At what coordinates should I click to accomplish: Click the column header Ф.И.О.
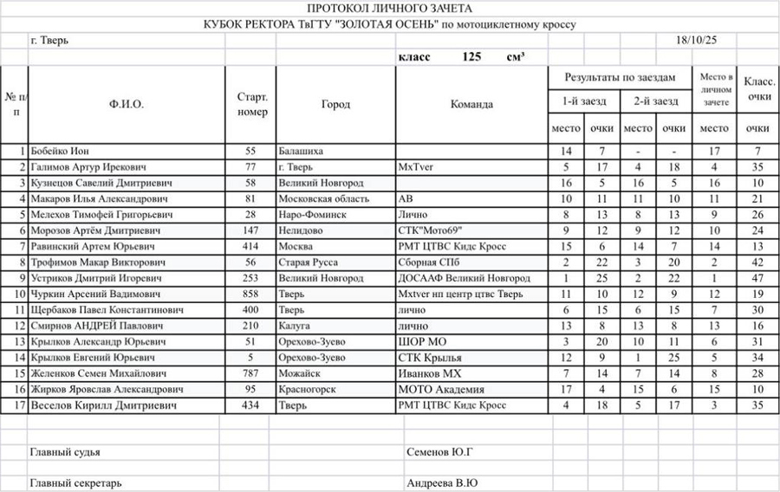pyautogui.click(x=127, y=104)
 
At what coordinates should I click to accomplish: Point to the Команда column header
pyautogui.click(x=471, y=104)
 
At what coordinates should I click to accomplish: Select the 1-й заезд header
pyautogui.click(x=584, y=101)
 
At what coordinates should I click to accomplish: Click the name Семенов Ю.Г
pyautogui.click(x=439, y=451)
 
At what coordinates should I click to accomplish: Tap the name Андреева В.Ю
pyautogui.click(x=442, y=483)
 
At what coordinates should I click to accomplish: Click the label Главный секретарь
pyautogui.click(x=75, y=483)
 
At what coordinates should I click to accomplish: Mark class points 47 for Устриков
pyautogui.click(x=757, y=278)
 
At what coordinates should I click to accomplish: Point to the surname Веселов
pyautogui.click(x=52, y=405)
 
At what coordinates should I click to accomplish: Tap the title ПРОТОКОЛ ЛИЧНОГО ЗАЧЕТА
pyautogui.click(x=389, y=8)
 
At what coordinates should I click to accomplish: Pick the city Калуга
pyautogui.click(x=295, y=326)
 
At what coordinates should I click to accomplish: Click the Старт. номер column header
pyautogui.click(x=251, y=104)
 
